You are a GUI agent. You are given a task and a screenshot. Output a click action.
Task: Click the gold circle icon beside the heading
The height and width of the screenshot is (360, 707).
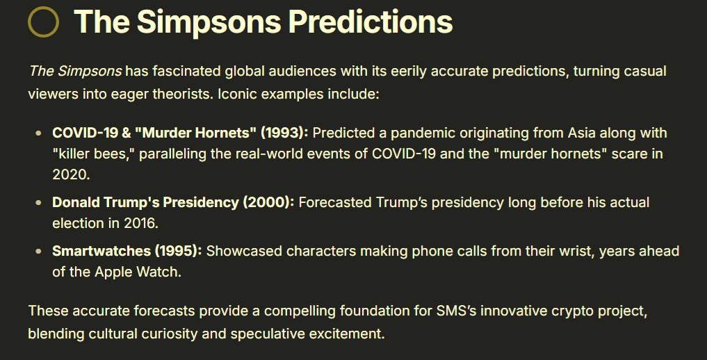(43, 22)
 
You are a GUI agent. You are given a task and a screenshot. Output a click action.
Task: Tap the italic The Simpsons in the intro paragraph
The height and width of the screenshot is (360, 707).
(75, 72)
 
